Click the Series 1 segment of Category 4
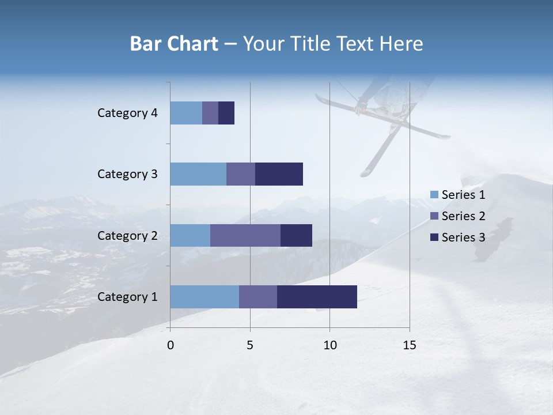186,113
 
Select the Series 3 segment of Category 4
226,113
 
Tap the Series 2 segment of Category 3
241,174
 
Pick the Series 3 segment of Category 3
279,174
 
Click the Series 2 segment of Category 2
245,235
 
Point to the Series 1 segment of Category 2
190,235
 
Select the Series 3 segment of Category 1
317,297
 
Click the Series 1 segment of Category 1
204,297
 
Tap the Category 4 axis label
127,113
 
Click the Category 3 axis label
127,174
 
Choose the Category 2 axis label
127,235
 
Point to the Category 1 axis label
127,297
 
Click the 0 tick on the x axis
171,345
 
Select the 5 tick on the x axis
250,345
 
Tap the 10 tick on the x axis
329,345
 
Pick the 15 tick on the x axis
410,345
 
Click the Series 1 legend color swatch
434,195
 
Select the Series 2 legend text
463,216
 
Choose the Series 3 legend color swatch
434,237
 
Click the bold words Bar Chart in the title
174,44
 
